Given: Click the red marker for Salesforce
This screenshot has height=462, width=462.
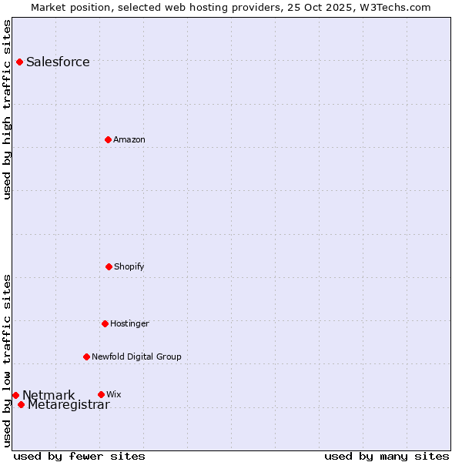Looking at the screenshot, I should [x=19, y=62].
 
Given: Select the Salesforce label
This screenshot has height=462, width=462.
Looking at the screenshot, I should [x=58, y=62].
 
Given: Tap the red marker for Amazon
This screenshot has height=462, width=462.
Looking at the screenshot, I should [x=108, y=139].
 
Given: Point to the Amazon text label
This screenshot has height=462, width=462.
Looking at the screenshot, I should [x=129, y=140].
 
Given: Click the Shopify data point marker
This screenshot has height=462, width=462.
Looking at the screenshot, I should [x=109, y=266].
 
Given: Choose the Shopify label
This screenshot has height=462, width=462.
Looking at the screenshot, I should [x=129, y=267].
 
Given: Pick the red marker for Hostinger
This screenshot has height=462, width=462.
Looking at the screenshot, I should [x=105, y=323].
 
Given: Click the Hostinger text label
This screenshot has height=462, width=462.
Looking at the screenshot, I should [x=129, y=324].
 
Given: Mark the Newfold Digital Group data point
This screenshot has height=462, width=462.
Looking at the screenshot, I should [x=86, y=357].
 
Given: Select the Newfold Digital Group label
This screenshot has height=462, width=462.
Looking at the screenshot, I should [x=136, y=357].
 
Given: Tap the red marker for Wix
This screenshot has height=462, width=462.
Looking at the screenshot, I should [x=101, y=394].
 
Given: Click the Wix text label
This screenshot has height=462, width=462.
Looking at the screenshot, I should [x=114, y=395].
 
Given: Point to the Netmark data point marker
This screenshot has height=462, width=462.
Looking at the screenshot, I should [x=15, y=395].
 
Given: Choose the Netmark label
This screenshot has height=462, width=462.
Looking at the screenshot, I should [x=49, y=396].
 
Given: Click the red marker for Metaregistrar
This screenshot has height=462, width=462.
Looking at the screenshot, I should [x=21, y=404].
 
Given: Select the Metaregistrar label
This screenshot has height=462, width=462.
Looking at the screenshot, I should [x=69, y=405].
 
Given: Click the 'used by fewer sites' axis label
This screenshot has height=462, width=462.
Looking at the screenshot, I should [x=79, y=456].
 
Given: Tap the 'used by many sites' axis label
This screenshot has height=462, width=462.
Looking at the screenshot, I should [x=387, y=456].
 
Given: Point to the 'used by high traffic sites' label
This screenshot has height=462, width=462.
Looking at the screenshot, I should [x=8, y=109].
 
